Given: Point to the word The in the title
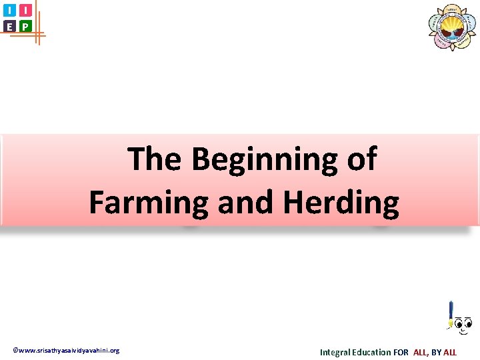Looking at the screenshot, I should (155, 159).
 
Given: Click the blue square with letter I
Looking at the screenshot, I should (9, 10).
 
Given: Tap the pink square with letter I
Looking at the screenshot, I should (25, 10).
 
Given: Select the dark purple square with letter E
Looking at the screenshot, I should (9, 26).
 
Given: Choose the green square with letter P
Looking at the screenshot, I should (25, 26).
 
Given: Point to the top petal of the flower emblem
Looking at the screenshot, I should (453, 9).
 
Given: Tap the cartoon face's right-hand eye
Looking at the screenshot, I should (467, 325).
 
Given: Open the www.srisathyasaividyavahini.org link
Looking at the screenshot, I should (67, 351).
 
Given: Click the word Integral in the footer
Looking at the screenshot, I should (337, 352).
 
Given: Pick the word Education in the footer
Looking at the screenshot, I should (373, 352).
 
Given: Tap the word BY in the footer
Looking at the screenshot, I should (436, 352).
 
